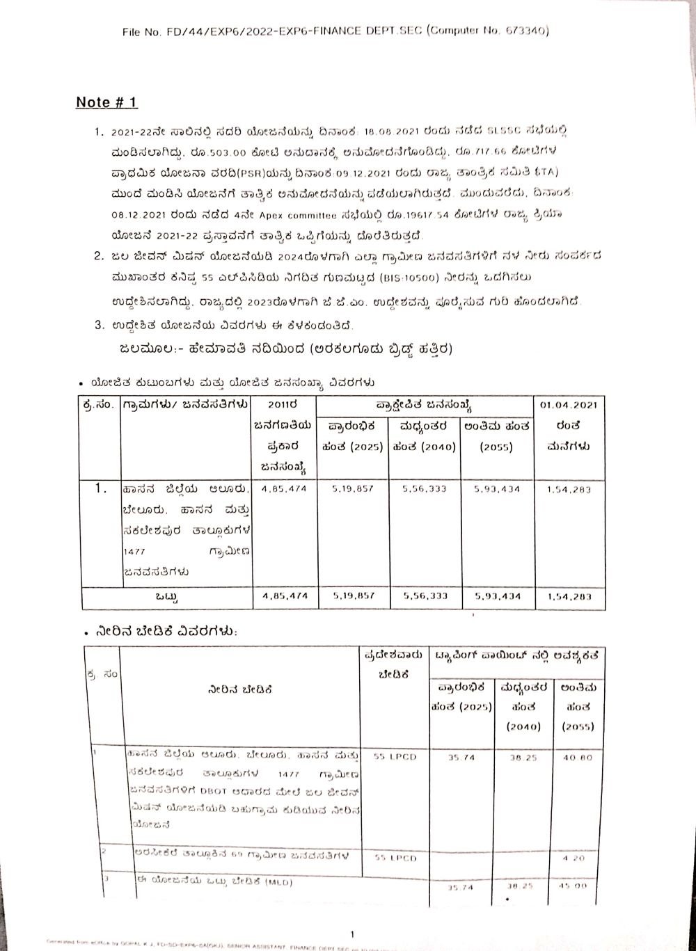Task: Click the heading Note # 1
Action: coord(106,102)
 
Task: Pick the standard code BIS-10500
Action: coord(403,277)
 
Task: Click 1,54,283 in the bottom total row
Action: coord(569,596)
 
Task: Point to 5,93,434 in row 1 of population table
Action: coord(496,489)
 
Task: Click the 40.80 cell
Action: coord(577,757)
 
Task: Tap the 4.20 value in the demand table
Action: coord(578,858)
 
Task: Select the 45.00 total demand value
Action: coord(578,887)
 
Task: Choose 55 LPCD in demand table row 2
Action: coord(395,858)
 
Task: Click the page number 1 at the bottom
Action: coord(353,933)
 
